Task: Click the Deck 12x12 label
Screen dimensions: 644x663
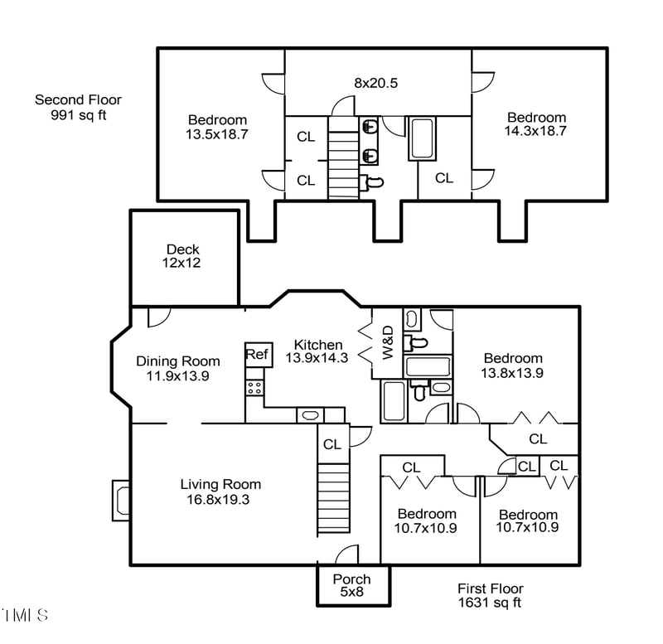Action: (x=182, y=255)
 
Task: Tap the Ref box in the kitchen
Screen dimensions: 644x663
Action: (x=257, y=355)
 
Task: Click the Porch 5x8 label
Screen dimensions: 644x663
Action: (x=351, y=585)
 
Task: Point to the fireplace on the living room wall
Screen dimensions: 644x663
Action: (x=121, y=501)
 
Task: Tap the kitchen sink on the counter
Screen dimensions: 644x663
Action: (x=311, y=415)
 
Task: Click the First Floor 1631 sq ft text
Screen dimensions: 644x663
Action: (x=491, y=595)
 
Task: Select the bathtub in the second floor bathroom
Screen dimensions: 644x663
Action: (x=421, y=138)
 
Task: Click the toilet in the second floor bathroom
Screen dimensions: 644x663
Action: (x=374, y=182)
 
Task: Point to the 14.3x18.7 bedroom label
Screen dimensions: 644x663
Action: (x=535, y=123)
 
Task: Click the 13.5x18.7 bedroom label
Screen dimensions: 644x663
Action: (x=216, y=126)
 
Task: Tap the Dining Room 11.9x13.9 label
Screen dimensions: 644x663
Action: (x=178, y=368)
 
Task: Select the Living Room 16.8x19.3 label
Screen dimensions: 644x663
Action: (x=220, y=491)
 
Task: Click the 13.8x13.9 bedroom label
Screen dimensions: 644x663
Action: (x=513, y=366)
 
